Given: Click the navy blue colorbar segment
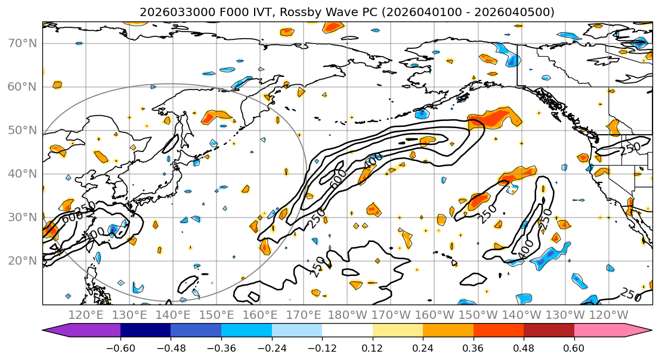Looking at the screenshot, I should point(146,331).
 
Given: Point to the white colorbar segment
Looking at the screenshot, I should point(347,331).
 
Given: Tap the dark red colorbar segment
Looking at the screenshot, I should point(549,331).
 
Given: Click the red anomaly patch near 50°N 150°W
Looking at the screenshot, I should point(493,118).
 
